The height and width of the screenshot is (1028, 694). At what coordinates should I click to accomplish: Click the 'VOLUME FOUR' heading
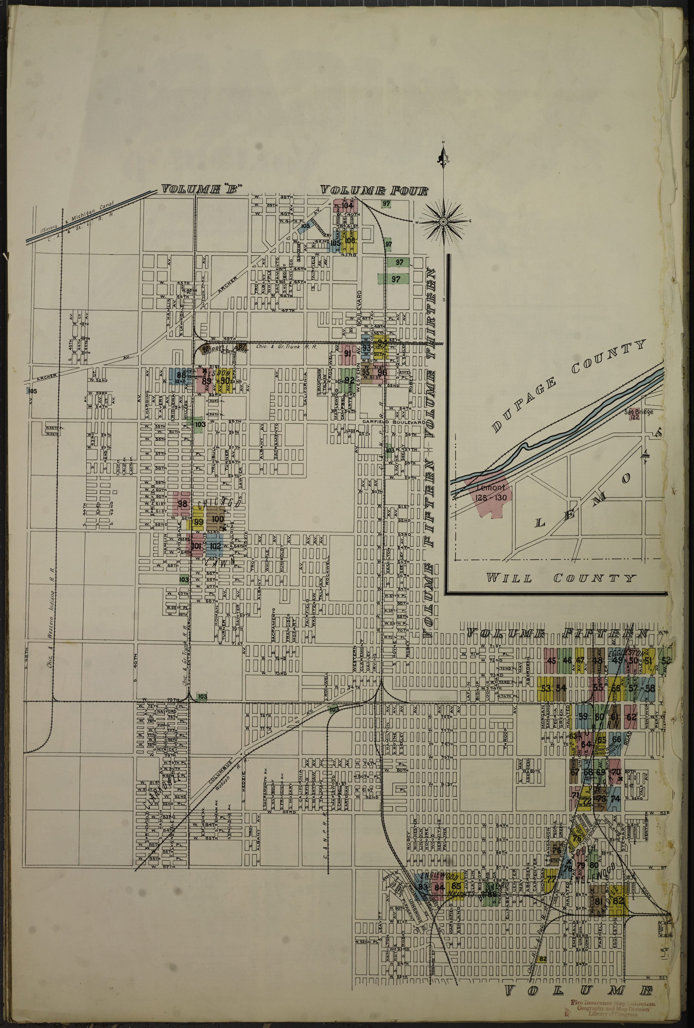374,191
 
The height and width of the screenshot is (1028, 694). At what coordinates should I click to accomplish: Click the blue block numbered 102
215,546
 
